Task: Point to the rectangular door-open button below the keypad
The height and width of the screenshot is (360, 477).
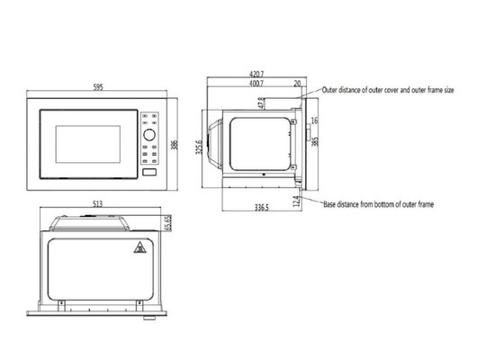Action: click(x=149, y=171)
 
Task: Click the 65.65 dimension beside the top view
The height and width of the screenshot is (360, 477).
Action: click(x=167, y=221)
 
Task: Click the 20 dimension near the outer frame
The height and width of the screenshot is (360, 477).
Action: click(x=297, y=84)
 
